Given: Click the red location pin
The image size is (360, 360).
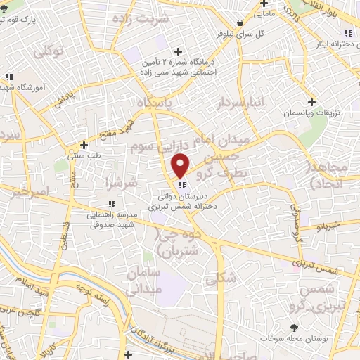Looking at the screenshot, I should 181,166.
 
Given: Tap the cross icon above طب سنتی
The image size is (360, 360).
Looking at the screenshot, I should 84,144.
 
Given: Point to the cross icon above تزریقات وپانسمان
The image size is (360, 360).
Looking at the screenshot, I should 311,102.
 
